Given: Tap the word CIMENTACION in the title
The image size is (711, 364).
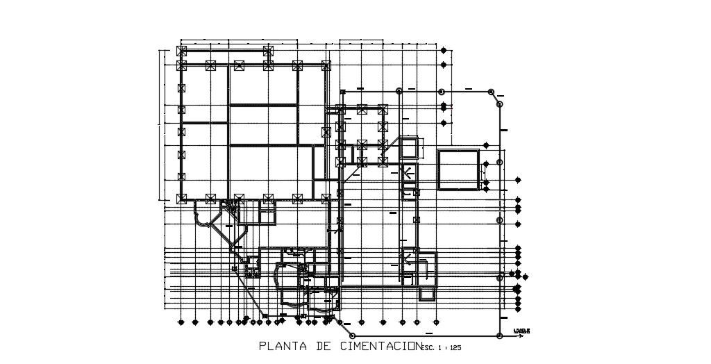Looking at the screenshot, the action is coord(380,345).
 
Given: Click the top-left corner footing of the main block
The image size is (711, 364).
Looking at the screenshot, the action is coord(182,51).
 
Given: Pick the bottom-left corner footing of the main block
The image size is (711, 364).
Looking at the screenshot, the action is coord(182,199).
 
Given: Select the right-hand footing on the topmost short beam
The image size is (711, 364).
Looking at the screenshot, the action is coord(269,51).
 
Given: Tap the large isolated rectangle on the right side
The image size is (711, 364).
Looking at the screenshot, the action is coord(458,170).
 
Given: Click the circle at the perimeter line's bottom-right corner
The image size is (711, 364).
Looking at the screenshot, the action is coord(500,336).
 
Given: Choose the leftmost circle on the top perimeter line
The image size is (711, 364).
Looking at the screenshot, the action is coord(399,91).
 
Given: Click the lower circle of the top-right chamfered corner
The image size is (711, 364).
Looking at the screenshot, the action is coord(499,103).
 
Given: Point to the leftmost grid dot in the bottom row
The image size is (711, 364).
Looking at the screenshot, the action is coord(181,322).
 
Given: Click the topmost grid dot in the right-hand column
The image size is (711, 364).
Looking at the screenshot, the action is coord(444,49).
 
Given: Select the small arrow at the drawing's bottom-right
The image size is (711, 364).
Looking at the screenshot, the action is coord(522,331).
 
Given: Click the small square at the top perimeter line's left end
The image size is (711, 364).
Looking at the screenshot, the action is coord(342,92).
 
